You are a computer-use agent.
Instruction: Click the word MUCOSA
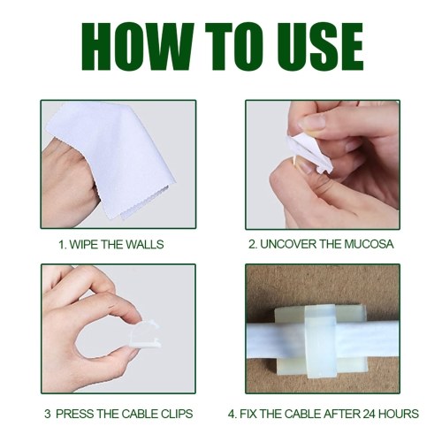(x=369, y=244)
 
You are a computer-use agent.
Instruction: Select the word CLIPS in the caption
(x=177, y=414)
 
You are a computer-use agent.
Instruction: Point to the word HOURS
(x=399, y=414)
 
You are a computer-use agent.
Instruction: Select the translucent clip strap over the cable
(x=319, y=342)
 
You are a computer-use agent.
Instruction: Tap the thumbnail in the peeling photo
(x=313, y=122)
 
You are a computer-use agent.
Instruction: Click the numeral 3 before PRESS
(x=48, y=414)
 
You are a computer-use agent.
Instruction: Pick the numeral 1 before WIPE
(x=61, y=245)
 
